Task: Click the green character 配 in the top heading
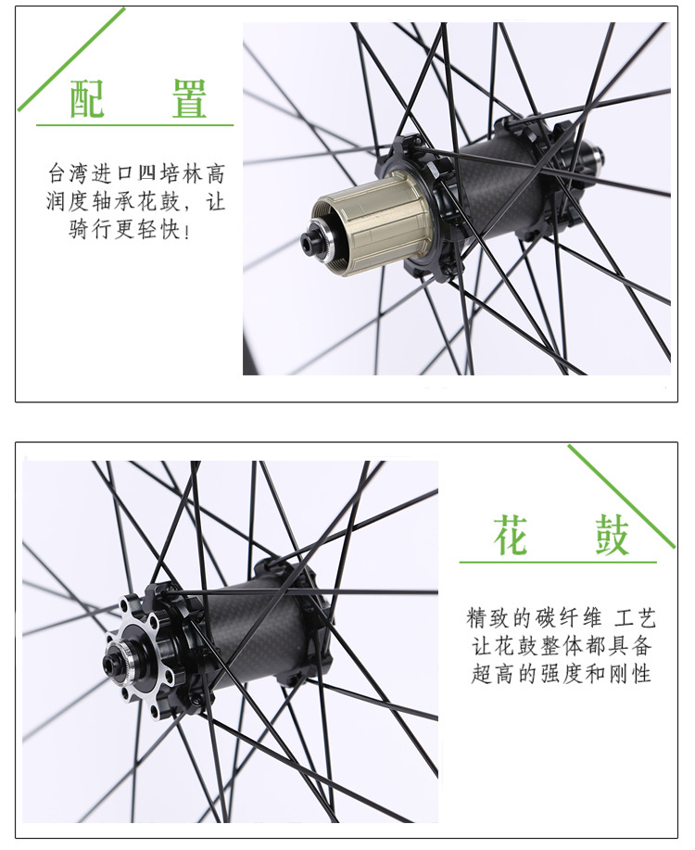click(87, 98)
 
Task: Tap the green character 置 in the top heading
click(189, 98)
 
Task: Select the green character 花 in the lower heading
click(510, 535)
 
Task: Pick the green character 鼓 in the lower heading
click(612, 535)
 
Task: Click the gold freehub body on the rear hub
click(369, 223)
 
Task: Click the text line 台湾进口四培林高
click(136, 173)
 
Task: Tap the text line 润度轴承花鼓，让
click(135, 201)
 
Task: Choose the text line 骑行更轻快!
click(130, 229)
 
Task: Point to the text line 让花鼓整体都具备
click(561, 646)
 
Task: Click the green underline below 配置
click(134, 125)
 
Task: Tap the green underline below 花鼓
click(558, 562)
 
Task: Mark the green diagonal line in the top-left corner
click(71, 59)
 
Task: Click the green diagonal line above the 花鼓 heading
click(621, 496)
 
